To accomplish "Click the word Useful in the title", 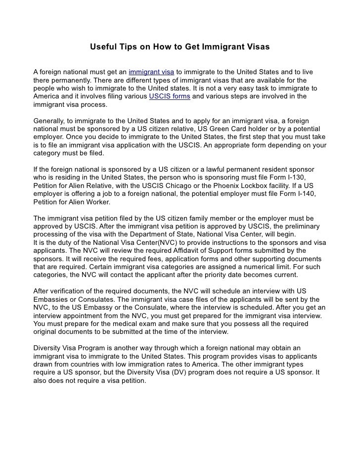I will (x=101, y=48).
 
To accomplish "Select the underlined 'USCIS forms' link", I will (x=170, y=96).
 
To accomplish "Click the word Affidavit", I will (x=184, y=250).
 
